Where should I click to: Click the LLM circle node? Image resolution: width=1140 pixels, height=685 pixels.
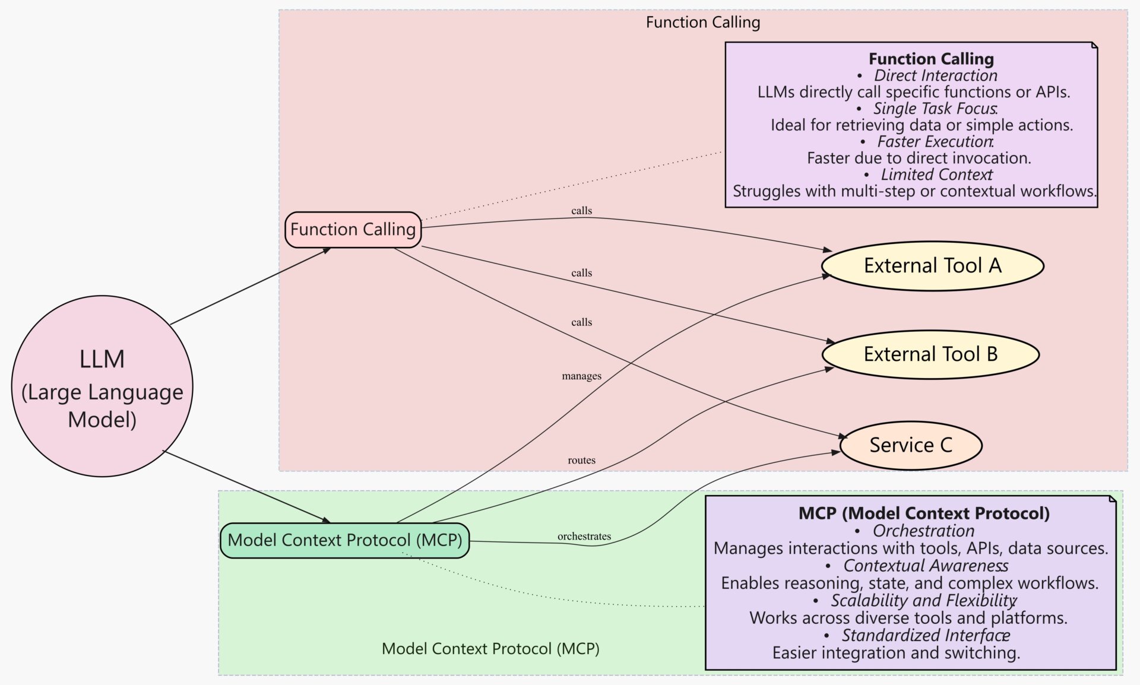point(102,386)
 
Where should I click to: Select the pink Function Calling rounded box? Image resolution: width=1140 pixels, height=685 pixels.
point(353,230)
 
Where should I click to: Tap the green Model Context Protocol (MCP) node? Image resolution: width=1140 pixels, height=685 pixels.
point(344,540)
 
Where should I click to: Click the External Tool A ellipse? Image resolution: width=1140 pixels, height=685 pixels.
point(932,266)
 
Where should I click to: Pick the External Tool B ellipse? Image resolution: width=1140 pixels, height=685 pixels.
point(930,354)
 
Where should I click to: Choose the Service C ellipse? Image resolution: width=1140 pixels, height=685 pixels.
point(911,445)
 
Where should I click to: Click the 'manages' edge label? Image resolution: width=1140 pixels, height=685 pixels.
point(581,376)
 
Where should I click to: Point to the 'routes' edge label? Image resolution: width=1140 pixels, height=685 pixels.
point(581,460)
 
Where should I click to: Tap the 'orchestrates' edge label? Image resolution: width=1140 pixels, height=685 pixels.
point(584,537)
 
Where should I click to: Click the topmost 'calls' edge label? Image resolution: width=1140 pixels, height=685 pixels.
point(581,211)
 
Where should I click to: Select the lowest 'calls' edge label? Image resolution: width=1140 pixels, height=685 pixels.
point(581,322)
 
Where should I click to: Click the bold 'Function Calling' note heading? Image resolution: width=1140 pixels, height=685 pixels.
point(931,59)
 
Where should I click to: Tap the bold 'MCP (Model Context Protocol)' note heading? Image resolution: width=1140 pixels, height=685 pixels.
point(924,513)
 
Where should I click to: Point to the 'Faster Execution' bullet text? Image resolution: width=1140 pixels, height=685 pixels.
point(935,142)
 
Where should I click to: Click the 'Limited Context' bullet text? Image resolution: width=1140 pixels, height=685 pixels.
point(936,175)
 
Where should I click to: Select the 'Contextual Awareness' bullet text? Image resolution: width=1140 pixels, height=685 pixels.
point(925,566)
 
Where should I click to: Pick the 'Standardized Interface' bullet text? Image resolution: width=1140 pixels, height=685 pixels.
point(925,636)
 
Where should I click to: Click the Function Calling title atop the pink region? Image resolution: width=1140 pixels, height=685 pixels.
point(702,23)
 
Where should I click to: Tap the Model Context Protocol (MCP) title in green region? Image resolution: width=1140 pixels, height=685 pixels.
point(490,649)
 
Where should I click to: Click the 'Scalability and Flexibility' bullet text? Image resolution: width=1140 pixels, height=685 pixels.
point(923,601)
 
